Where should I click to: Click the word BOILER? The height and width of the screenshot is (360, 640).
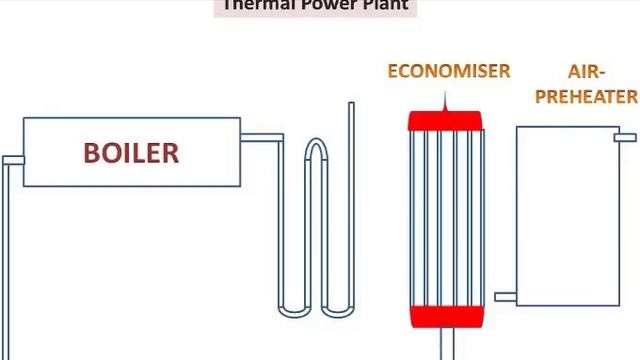(x=131, y=153)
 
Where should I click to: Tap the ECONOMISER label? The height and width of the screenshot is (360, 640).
(x=449, y=71)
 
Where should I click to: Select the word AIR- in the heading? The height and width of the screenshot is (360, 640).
(x=586, y=72)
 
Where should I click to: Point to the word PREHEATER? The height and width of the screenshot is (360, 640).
(x=586, y=96)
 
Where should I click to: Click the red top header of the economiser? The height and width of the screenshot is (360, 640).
(x=445, y=121)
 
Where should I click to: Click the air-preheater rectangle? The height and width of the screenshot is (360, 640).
(x=567, y=215)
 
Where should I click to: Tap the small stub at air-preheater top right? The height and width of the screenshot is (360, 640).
(x=626, y=137)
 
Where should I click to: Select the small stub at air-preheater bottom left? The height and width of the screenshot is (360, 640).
(x=505, y=297)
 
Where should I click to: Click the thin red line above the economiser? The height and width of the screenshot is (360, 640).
(x=445, y=102)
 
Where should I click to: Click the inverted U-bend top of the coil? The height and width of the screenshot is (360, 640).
(x=315, y=148)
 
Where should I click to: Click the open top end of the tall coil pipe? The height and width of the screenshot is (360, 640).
(x=351, y=105)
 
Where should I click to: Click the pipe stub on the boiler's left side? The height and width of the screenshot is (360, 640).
(x=13, y=160)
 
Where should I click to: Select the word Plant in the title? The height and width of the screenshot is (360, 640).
(x=383, y=5)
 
